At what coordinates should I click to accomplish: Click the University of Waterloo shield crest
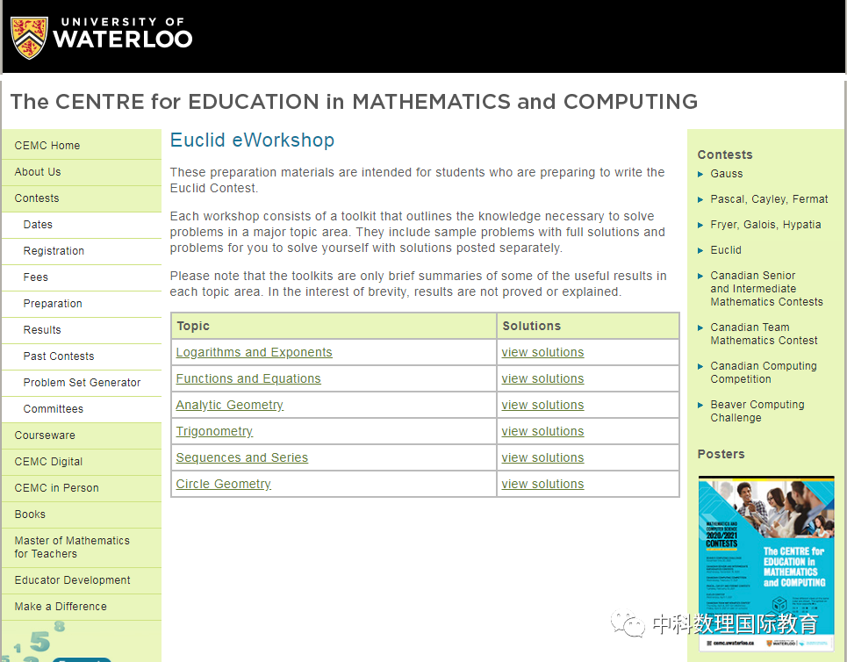coord(28,37)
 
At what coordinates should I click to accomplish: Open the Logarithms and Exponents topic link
coord(254,352)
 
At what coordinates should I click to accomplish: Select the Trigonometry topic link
coord(214,431)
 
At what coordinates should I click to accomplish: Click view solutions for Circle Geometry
coord(542,484)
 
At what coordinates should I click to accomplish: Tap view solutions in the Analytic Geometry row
coord(542,405)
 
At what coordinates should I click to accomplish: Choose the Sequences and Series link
coord(241,457)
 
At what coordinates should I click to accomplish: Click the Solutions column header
coord(531,326)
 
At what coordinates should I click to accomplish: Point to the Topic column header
coord(193,326)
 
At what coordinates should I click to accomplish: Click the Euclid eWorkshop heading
coord(252,140)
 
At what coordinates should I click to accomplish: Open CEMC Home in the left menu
coord(47,146)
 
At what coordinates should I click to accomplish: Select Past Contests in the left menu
coord(59,356)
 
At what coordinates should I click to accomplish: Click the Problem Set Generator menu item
coord(82,383)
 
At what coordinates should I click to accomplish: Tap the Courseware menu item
coord(45,435)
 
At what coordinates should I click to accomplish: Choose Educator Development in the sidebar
coord(72,580)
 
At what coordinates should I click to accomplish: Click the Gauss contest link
coord(726,174)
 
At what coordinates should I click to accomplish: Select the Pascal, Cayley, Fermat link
coord(769,199)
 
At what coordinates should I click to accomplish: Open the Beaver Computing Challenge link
coord(757,411)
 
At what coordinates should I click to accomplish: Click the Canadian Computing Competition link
coord(763,372)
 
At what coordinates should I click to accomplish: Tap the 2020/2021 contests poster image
coord(766,562)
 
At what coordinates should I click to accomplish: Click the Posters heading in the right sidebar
coord(721,454)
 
